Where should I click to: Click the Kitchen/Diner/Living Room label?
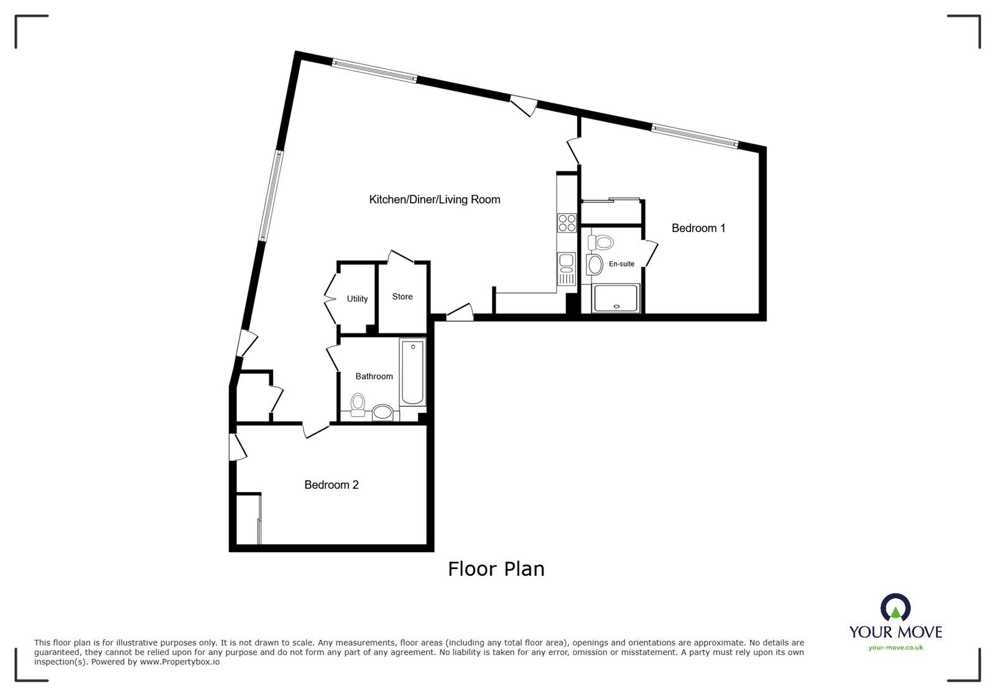click(434, 200)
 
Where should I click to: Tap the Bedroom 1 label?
click(698, 228)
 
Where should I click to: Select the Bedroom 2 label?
click(331, 485)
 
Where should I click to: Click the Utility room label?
click(357, 299)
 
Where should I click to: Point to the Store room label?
click(402, 297)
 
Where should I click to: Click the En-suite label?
click(621, 264)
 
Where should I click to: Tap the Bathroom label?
click(374, 376)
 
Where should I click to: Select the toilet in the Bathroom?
click(358, 404)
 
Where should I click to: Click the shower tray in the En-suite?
click(616, 298)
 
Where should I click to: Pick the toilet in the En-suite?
click(601, 243)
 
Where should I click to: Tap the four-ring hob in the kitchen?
click(567, 223)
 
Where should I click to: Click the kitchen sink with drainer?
click(567, 268)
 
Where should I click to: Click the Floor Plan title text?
click(496, 568)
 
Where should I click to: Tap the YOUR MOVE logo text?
click(895, 632)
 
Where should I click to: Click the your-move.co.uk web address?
click(895, 647)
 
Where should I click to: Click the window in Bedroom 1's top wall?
click(694, 136)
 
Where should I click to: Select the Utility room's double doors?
click(330, 298)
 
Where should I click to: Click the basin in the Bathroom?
click(382, 412)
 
